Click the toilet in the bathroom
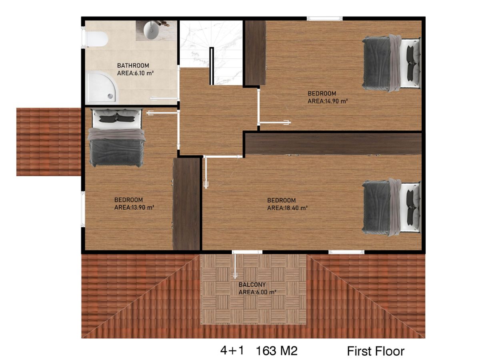pyautogui.click(x=97, y=39)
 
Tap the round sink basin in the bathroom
pyautogui.click(x=151, y=30)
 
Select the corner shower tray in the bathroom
pyautogui.click(x=102, y=88)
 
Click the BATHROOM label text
pyautogui.click(x=133, y=65)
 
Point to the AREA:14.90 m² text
pyautogui.click(x=328, y=101)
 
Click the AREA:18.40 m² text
pyautogui.click(x=287, y=208)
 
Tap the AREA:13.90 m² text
pyautogui.click(x=134, y=208)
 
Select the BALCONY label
pyautogui.click(x=252, y=284)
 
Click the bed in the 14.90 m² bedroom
pyautogui.click(x=391, y=63)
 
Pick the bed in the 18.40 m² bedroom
pyautogui.click(x=391, y=207)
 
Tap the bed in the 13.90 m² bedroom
pyautogui.click(x=116, y=138)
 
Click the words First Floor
pyautogui.click(x=376, y=351)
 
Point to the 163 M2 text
pyautogui.click(x=277, y=351)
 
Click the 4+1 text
pyautogui.click(x=232, y=350)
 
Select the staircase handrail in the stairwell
pyautogui.click(x=212, y=66)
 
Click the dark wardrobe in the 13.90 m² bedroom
pyautogui.click(x=186, y=204)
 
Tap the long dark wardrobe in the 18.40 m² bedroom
pyautogui.click(x=333, y=144)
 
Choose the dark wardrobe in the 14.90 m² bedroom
pyautogui.click(x=255, y=53)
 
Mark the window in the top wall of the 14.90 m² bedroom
pyautogui.click(x=325, y=18)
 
